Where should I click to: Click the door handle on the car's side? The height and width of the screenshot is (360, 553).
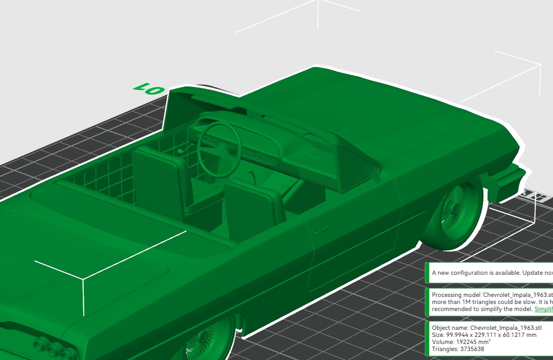[321, 230]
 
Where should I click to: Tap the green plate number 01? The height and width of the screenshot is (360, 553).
[148, 89]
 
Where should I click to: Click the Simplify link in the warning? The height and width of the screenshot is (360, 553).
[544, 309]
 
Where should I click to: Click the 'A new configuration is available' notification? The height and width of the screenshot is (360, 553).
[489, 272]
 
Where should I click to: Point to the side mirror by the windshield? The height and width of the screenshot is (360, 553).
[375, 176]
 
